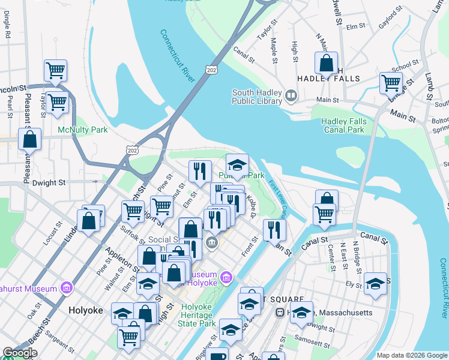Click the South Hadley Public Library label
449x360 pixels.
257,97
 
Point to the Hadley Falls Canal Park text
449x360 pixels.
344,125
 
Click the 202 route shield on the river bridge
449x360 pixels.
211,70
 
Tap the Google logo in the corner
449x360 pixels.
20,353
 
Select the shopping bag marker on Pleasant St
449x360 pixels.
29,139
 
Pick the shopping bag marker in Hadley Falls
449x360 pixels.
326,63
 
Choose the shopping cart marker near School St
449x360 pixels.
391,83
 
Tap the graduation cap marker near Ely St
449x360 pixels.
376,283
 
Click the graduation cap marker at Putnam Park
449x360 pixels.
237,165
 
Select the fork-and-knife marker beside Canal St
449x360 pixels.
274,230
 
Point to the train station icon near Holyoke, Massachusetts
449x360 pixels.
279,313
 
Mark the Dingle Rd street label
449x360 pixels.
7,29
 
